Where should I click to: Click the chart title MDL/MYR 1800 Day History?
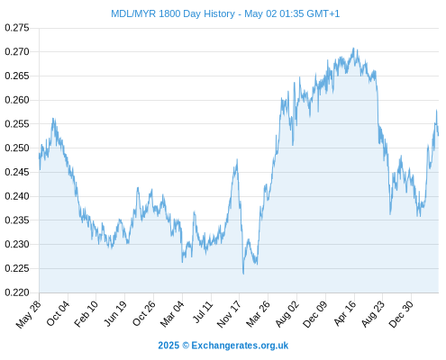point(173,13)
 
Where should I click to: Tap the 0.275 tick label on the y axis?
point(17,28)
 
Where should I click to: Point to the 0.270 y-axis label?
point(17,52)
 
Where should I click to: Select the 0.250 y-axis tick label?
point(17,148)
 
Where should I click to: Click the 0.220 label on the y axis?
point(17,292)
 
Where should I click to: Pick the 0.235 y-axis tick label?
point(17,220)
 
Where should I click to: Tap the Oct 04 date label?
point(58,314)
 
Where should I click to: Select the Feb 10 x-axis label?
point(86,314)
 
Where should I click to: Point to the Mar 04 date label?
point(172,314)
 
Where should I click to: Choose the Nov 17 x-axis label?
point(229,314)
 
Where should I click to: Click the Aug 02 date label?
point(287,314)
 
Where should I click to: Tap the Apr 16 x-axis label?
point(345,314)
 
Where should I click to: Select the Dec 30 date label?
point(401,314)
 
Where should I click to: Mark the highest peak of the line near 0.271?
point(353,48)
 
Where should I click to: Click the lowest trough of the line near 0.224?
point(243,274)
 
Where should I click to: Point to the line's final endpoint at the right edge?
point(439,136)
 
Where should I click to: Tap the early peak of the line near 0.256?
point(53,119)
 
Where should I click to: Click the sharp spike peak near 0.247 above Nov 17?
point(237,159)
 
